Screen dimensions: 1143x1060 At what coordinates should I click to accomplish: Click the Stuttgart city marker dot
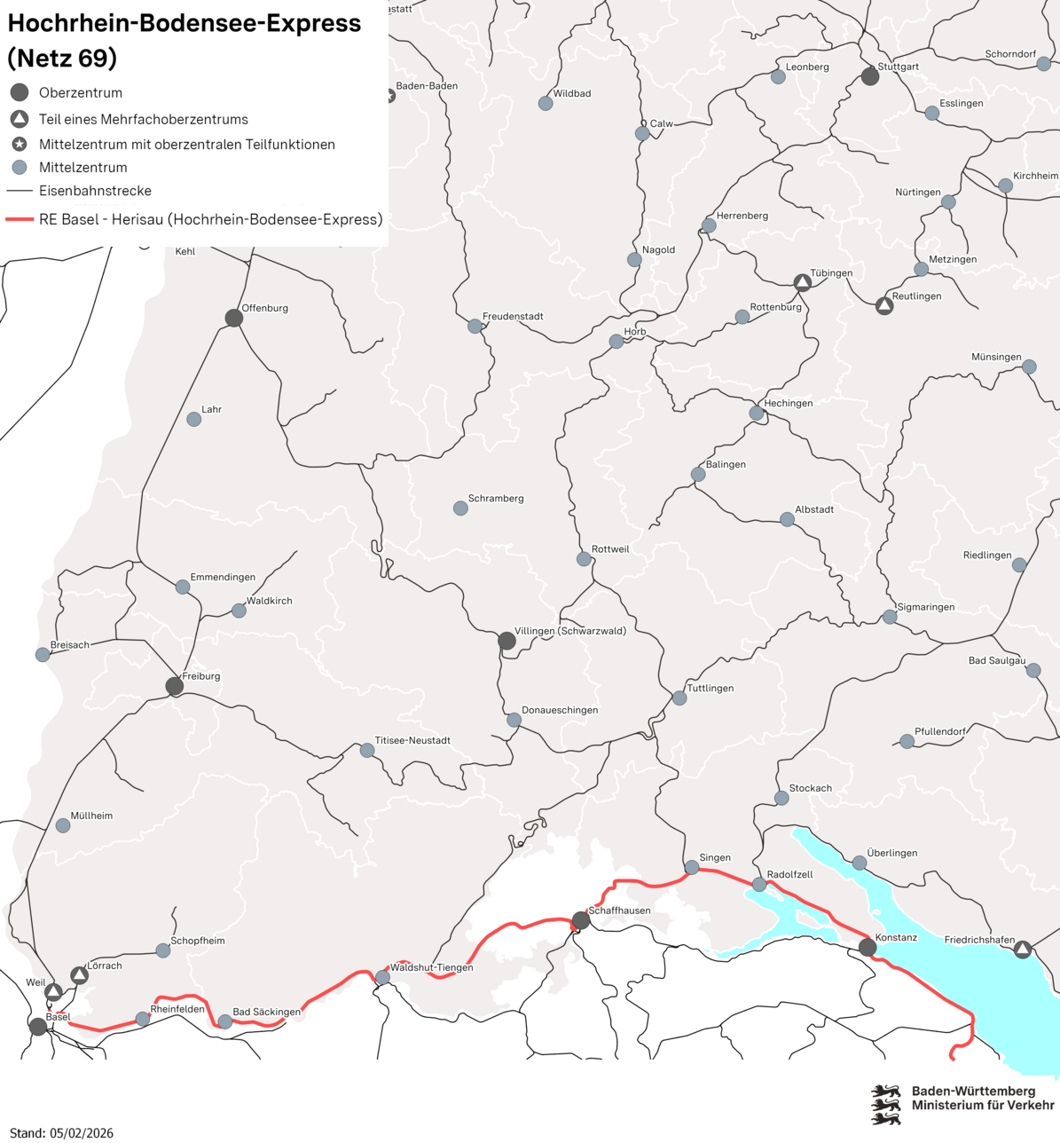(870, 76)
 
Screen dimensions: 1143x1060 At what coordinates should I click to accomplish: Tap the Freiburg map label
(201, 676)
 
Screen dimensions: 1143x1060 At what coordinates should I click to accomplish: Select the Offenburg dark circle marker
(233, 318)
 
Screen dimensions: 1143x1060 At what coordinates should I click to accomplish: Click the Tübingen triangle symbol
(802, 283)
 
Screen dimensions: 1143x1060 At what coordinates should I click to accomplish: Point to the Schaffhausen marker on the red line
(580, 920)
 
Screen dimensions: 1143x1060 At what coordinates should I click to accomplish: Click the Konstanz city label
(896, 937)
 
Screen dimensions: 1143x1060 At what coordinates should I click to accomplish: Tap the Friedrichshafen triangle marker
(1023, 950)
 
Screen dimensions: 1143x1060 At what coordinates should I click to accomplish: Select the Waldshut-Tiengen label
(431, 967)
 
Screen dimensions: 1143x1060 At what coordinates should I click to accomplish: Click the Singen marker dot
(692, 867)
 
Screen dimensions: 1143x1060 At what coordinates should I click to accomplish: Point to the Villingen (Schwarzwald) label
(570, 631)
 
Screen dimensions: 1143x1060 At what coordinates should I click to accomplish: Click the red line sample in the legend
(20, 219)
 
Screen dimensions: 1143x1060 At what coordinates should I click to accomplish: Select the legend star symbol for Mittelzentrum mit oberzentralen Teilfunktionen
(20, 144)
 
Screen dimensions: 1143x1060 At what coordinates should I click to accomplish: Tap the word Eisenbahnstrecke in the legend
(95, 191)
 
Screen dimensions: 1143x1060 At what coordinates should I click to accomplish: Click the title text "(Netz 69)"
(62, 58)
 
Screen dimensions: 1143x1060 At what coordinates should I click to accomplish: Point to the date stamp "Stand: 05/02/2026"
(62, 1133)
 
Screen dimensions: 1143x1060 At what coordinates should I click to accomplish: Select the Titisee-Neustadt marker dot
(367, 751)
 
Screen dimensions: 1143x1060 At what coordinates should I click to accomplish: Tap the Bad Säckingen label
(266, 1012)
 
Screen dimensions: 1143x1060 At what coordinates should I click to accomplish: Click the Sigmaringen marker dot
(890, 617)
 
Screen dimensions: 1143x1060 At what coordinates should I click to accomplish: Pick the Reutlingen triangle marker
(883, 306)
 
